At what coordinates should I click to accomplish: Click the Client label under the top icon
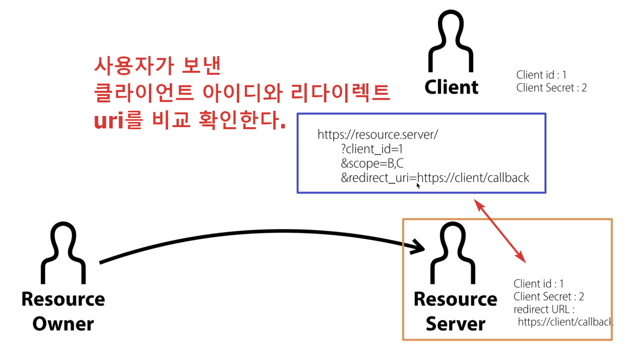[451, 87]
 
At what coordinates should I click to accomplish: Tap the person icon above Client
[451, 41]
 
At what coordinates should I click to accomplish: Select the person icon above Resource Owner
[63, 253]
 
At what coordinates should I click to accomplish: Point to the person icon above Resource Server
[453, 253]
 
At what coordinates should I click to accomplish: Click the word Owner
[63, 324]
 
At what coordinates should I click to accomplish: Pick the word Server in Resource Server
[456, 324]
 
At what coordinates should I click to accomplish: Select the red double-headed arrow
[500, 231]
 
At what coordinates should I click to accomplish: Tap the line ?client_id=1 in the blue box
[371, 149]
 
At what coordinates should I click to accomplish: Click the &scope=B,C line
[372, 163]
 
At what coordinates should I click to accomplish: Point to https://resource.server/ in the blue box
[377, 135]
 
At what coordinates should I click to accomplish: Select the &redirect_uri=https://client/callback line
[435, 178]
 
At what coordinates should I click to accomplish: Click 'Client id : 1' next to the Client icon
[541, 75]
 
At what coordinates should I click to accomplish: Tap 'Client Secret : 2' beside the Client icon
[551, 88]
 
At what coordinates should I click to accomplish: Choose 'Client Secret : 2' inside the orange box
[549, 297]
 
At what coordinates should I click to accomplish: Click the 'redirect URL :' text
[544, 310]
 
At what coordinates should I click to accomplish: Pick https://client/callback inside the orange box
[565, 322]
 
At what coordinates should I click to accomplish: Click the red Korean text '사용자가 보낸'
[158, 66]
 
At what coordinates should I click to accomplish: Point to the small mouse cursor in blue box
[418, 186]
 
